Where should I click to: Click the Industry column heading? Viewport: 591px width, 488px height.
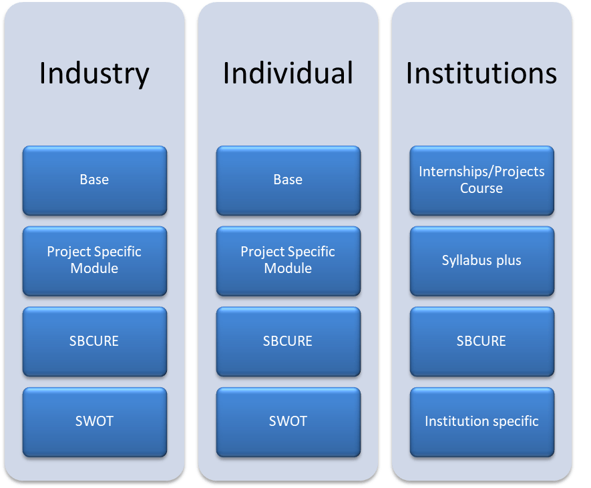pos(94,73)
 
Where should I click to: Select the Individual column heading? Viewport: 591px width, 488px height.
pos(288,73)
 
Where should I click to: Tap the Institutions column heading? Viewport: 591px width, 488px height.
pos(481,73)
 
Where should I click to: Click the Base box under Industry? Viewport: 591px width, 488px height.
pos(94,180)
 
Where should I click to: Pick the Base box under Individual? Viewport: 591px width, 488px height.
pos(288,180)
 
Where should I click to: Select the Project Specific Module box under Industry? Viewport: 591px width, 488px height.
pos(94,260)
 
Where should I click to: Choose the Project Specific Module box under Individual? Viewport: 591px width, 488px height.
pos(288,260)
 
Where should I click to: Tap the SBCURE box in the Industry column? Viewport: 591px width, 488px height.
pos(94,341)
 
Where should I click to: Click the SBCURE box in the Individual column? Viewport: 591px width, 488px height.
pos(288,341)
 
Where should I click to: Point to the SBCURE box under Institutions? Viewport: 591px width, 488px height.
pos(481,341)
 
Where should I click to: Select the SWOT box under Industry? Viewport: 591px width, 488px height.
pos(94,421)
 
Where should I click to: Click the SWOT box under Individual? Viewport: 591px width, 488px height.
pos(288,421)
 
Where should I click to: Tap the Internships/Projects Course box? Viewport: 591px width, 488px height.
pos(481,180)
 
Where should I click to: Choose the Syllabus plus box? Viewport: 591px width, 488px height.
pos(481,260)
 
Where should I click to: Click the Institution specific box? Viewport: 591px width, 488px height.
pos(481,421)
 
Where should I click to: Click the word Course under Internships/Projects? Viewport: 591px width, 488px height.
pos(481,188)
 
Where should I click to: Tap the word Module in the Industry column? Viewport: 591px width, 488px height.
pos(94,268)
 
